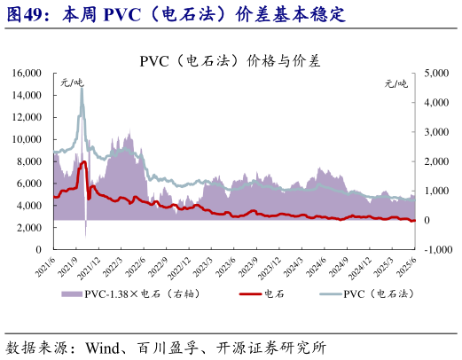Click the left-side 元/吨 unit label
point(72,82)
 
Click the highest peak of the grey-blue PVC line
point(82,89)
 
